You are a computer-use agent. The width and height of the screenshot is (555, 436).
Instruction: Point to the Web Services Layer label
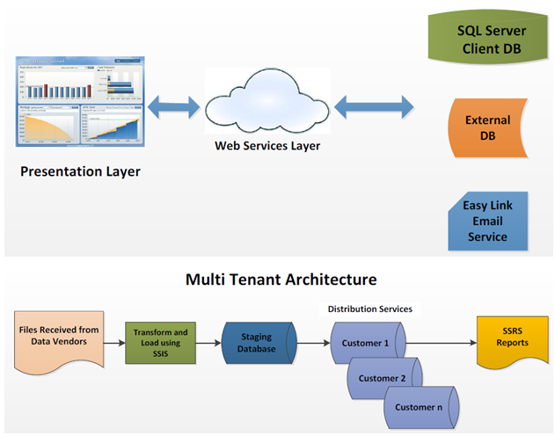pyautogui.click(x=267, y=145)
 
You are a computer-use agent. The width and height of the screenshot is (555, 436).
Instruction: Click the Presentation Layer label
pyautogui.click(x=80, y=172)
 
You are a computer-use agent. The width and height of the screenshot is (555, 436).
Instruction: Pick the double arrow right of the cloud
pyautogui.click(x=373, y=107)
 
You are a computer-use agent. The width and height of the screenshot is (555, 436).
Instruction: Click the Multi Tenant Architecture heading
pyautogui.click(x=281, y=280)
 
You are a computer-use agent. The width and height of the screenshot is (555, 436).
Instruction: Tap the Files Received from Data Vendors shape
pyautogui.click(x=58, y=338)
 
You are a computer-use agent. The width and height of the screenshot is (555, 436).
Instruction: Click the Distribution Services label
pyautogui.click(x=369, y=309)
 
